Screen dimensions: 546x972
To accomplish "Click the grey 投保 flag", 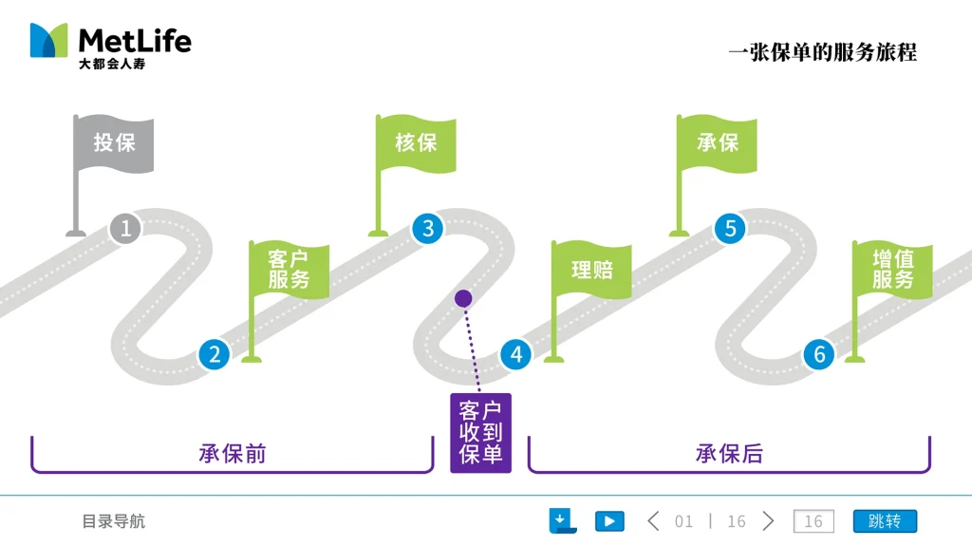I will tap(114, 143).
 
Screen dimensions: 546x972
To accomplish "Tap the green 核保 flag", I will tap(416, 143).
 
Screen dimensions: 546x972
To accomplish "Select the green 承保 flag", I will tap(718, 143).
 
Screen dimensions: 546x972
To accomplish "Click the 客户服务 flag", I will tap(290, 270).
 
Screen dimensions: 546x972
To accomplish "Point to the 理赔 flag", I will tap(591, 270).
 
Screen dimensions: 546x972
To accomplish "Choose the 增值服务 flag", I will tap(893, 270).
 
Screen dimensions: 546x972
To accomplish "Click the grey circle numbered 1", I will tap(125, 228).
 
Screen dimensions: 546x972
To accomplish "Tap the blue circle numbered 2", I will tap(215, 355).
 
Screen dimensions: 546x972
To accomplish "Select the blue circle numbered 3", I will tap(428, 228).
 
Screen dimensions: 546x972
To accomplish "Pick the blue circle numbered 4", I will tap(516, 355).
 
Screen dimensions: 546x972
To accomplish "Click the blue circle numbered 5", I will tap(730, 228).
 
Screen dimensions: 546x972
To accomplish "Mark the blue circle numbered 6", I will tap(818, 355).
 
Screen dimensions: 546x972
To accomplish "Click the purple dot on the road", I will tap(463, 298).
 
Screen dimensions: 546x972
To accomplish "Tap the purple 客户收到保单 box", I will tap(480, 433).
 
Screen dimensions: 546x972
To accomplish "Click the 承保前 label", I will tap(233, 454).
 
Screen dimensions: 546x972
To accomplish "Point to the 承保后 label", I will tap(729, 454).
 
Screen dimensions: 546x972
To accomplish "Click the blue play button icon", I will tap(609, 521).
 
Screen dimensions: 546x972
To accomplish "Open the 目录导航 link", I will tap(113, 521).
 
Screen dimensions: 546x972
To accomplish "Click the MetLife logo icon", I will tap(49, 41).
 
